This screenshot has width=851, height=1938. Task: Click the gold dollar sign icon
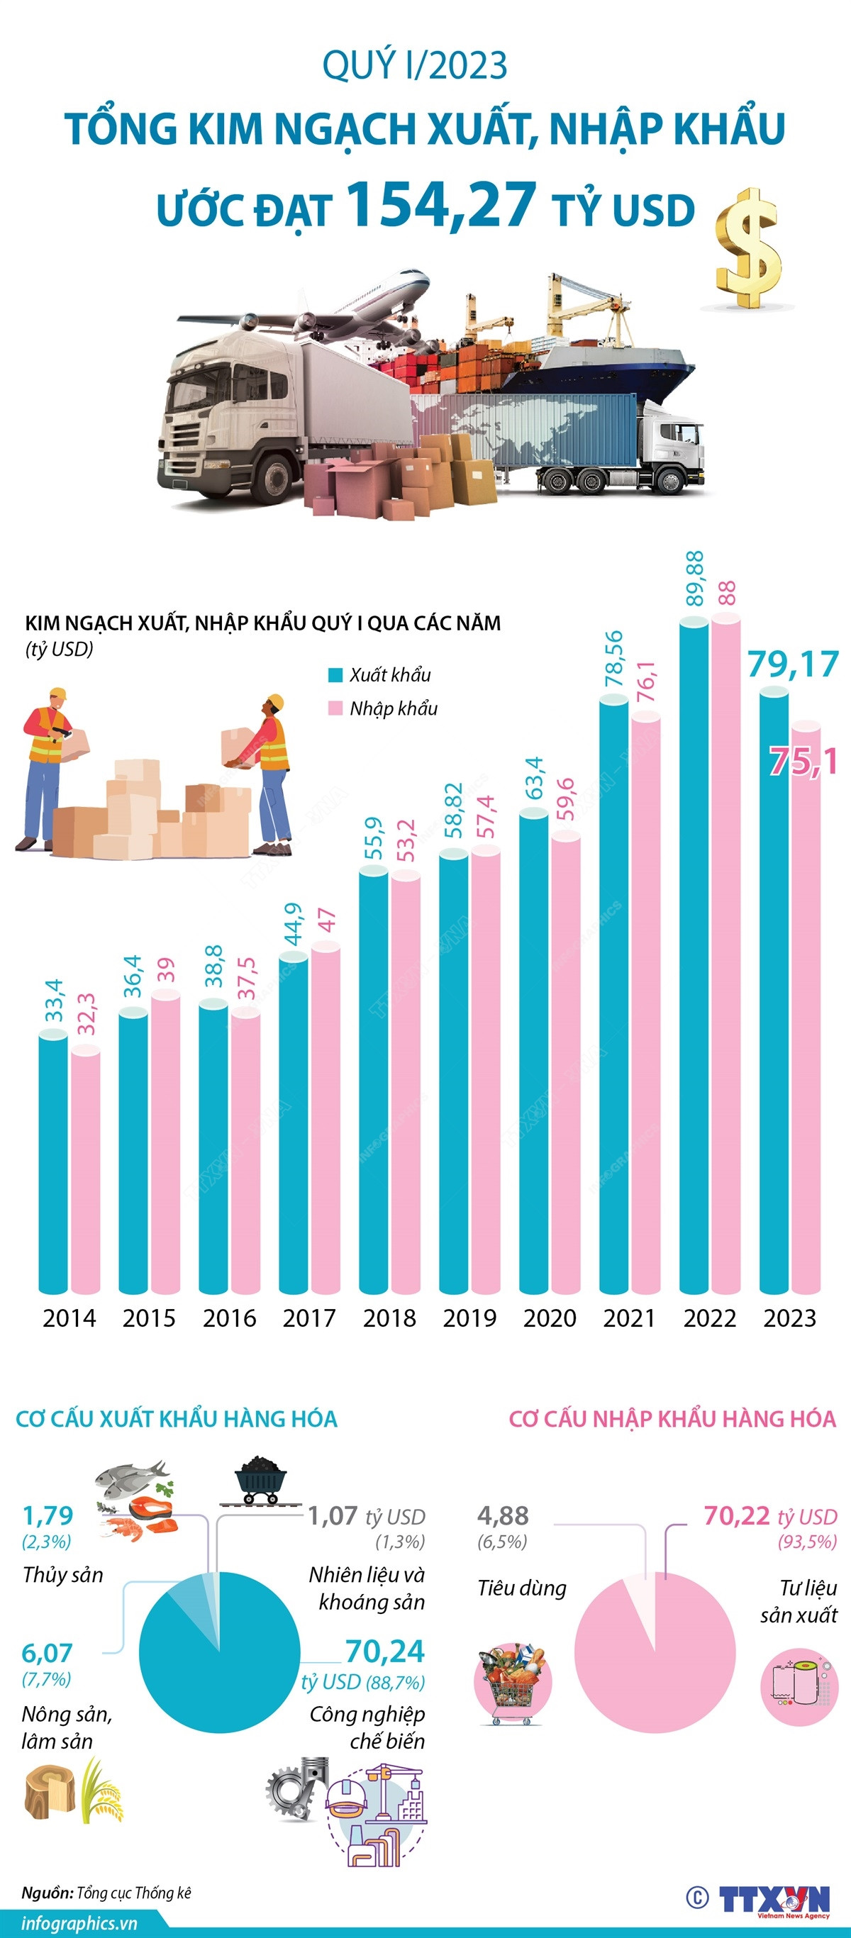coord(747,248)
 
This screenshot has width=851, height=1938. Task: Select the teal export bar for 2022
coord(694,955)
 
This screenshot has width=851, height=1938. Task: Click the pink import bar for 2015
coord(165,1144)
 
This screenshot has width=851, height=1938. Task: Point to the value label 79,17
coord(792,664)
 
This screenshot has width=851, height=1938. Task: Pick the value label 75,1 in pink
coord(803,762)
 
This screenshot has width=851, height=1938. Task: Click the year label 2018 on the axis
coord(389,1318)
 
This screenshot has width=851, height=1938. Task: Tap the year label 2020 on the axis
coord(550,1318)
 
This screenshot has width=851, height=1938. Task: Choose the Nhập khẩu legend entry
coord(383,708)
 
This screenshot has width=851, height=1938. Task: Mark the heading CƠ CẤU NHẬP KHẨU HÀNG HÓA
coord(672,1419)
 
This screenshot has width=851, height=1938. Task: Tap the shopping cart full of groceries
coord(513,1682)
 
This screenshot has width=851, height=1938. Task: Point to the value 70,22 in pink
coord(737,1515)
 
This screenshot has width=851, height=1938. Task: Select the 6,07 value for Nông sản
coord(47,1653)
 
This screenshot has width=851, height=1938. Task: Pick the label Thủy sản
coord(62,1575)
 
